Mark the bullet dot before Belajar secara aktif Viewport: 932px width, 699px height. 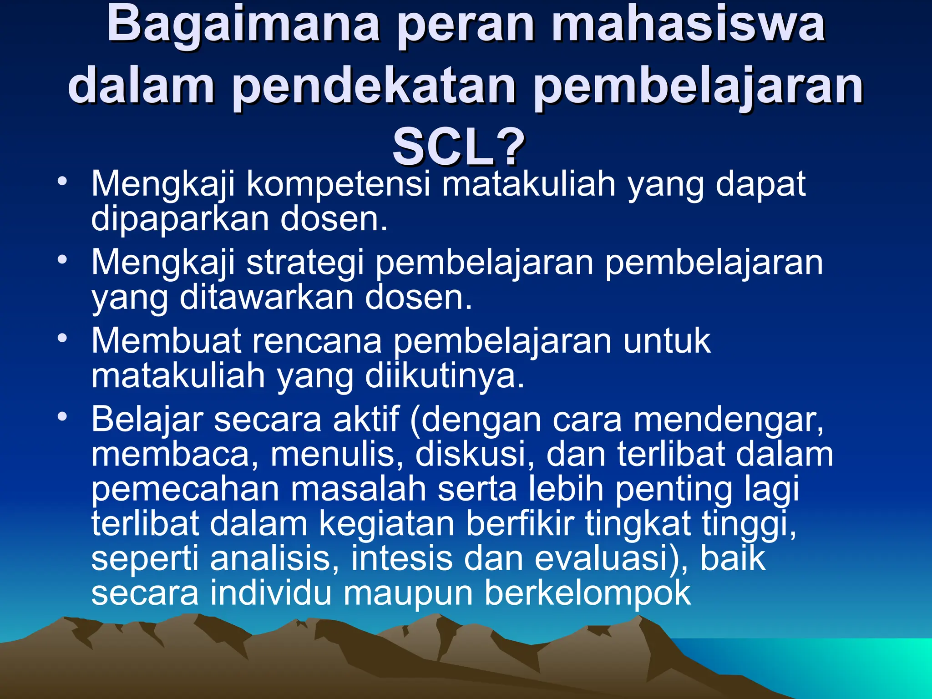pyautogui.click(x=62, y=416)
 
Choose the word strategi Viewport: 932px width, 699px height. pyautogui.click(x=305, y=263)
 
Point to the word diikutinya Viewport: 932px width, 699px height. pyautogui.click(x=445, y=376)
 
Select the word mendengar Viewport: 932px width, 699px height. pyautogui.click(x=728, y=420)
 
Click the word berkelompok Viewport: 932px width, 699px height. pyautogui.click(x=588, y=593)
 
